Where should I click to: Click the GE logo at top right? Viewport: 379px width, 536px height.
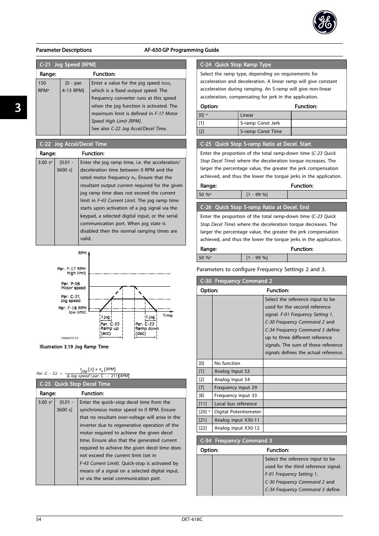[x=325, y=22]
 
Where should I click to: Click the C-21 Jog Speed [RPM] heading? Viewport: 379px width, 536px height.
[x=68, y=64]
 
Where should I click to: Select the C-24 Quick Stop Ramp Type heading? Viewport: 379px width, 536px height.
[x=236, y=64]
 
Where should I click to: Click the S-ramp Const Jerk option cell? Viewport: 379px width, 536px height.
[x=260, y=123]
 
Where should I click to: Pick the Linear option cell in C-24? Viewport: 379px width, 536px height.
[x=247, y=115]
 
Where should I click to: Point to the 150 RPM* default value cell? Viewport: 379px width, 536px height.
[x=44, y=87]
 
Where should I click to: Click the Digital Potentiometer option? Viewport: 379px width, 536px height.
[x=238, y=412]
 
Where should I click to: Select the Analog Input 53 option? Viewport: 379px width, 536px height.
[x=232, y=371]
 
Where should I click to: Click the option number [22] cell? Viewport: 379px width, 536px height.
[x=202, y=428]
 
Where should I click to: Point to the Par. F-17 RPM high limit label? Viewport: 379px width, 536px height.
[x=72, y=271]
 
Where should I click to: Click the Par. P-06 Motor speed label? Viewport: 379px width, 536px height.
[x=73, y=286]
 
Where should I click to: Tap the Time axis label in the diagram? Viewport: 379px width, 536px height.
[x=167, y=316]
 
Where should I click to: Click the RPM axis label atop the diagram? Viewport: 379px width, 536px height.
[x=82, y=253]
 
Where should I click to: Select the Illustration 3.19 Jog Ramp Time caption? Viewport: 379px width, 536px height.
[x=74, y=347]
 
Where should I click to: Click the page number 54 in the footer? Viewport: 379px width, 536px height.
[x=39, y=519]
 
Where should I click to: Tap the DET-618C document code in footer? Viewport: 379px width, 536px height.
[x=189, y=519]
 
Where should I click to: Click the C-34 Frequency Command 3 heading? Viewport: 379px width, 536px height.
[x=236, y=441]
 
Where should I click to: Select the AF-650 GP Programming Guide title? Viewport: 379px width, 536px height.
[x=182, y=50]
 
